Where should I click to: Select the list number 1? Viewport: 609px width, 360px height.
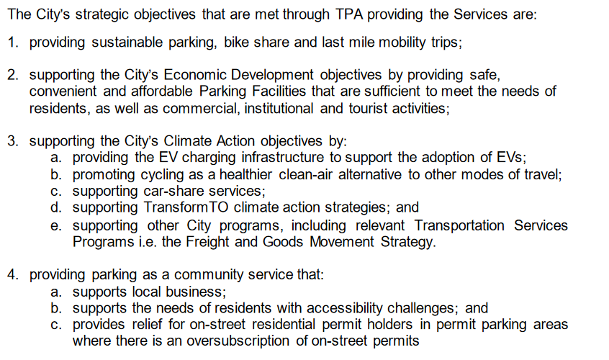[13, 41]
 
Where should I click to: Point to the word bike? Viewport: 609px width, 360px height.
[236, 41]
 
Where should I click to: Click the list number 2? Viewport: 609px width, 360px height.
[13, 75]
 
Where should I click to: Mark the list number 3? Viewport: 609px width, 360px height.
[13, 141]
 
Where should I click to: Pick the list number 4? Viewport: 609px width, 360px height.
[13, 275]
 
